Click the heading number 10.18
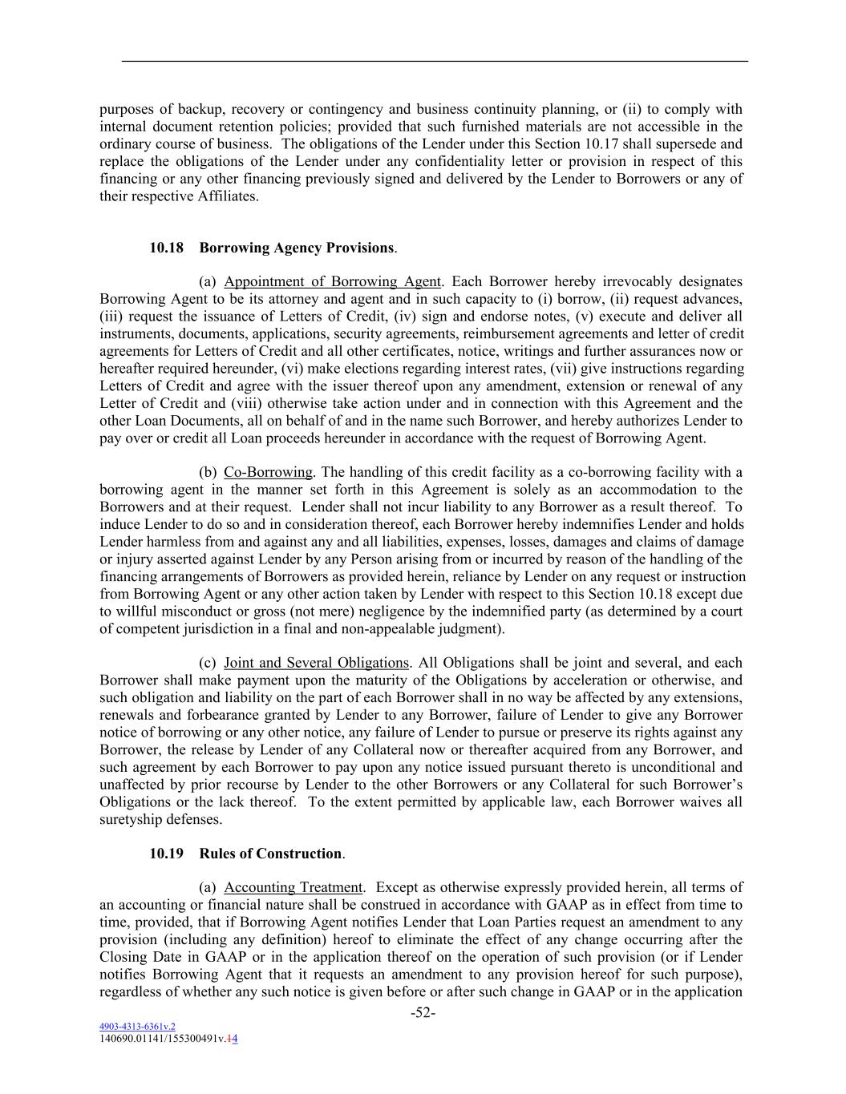(167, 248)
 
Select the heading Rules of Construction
(272, 854)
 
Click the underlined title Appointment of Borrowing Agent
(332, 281)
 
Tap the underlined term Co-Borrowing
(268, 472)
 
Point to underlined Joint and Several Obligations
(316, 663)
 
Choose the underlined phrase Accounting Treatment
(293, 887)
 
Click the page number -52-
(423, 1013)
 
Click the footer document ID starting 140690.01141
(168, 1038)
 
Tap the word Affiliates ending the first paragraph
(228, 196)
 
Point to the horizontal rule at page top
(435, 61)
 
